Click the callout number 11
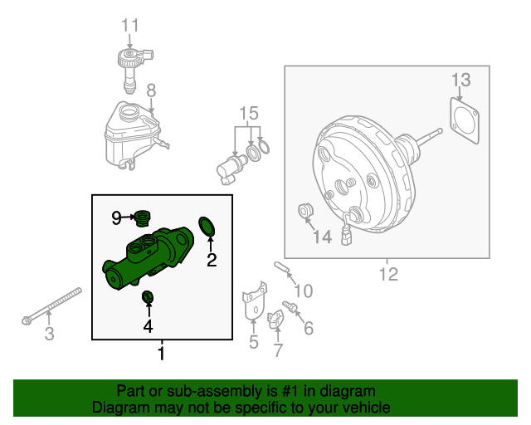pos(130,26)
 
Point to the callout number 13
pos(461,81)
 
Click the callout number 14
pos(322,237)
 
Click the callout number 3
pos(49,335)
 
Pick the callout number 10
pos(303,291)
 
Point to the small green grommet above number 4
pos(149,297)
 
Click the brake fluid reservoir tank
pos(128,133)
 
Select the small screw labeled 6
pos(290,308)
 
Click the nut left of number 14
pos(305,214)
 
